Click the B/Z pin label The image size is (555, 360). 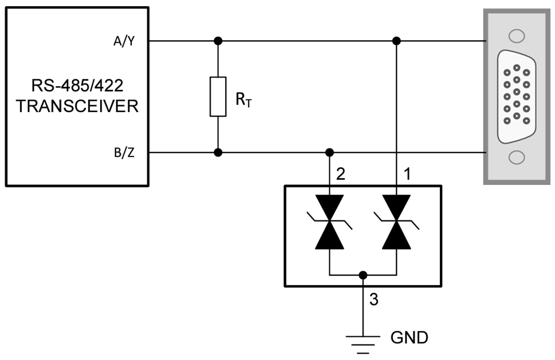124,153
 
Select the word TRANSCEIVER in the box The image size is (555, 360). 77,107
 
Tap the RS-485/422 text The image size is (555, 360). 77,86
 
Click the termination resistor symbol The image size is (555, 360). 218,96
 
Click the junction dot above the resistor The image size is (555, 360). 218,40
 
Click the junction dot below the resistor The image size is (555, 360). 218,152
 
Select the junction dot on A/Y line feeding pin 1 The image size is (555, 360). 397,40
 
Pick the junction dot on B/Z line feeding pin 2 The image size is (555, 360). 329,152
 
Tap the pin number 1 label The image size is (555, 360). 407,175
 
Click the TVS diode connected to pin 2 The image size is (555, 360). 329,222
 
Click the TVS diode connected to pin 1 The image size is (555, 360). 397,222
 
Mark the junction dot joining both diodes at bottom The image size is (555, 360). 363,275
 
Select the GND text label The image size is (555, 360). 409,337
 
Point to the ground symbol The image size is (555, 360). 363,342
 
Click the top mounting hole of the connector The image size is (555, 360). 516,36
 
